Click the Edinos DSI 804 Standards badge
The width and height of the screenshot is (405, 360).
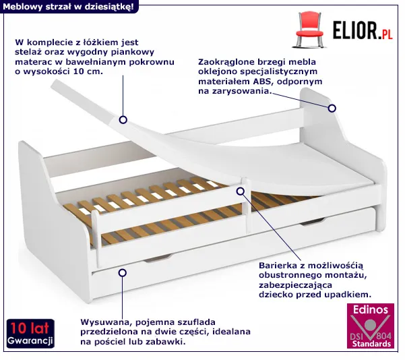(x=369, y=326)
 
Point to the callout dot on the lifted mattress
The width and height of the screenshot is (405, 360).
(x=123, y=120)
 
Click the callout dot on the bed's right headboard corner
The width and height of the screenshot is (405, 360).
(x=332, y=108)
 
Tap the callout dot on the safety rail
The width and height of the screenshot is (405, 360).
(x=240, y=191)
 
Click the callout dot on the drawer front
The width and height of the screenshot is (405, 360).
(x=122, y=272)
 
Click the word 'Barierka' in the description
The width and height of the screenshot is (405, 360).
(x=278, y=266)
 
